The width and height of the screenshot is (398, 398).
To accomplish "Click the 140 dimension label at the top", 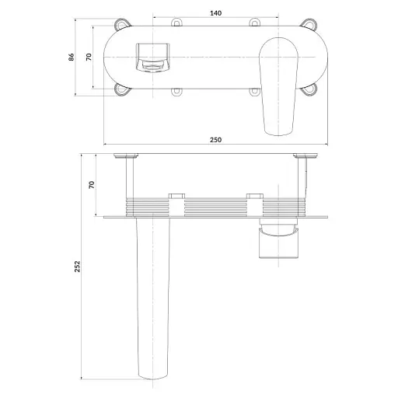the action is point(215,13).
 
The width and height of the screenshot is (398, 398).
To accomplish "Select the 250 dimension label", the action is point(215,140).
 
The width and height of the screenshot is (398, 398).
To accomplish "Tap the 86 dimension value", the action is point(71,57).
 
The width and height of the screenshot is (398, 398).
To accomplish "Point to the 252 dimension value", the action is point(77,267).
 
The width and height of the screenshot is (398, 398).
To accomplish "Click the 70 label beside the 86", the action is point(89,57).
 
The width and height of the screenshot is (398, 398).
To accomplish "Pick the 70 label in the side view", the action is point(92,185).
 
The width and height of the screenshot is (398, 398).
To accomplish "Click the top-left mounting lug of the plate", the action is point(122,23).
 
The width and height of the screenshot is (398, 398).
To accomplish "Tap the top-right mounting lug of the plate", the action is point(309,23).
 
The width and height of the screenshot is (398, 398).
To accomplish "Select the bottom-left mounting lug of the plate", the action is point(122,89).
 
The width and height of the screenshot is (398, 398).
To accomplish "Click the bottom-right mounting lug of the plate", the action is point(309,89).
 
